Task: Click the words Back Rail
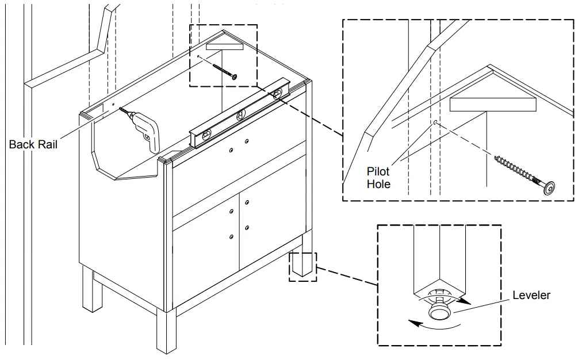click(33, 144)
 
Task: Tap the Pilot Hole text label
click(378, 178)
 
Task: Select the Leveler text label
click(531, 295)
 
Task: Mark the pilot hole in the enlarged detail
click(436, 122)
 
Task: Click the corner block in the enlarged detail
click(492, 104)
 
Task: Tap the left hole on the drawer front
click(231, 150)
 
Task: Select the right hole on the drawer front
click(246, 141)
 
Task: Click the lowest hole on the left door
click(231, 236)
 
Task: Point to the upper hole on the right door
click(246, 202)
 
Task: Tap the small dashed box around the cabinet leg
click(303, 266)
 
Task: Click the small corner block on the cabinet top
click(224, 47)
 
